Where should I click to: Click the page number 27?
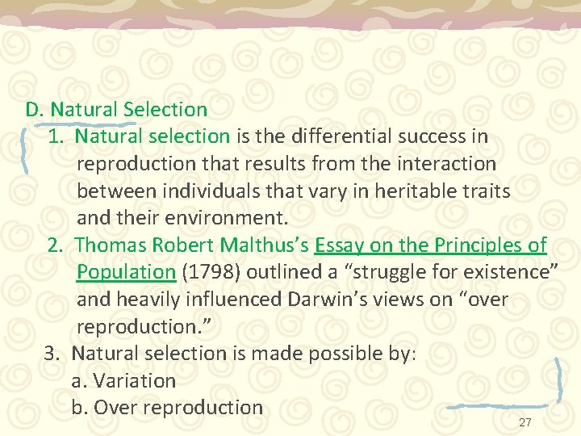525,423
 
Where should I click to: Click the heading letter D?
33,109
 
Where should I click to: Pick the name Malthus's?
266,245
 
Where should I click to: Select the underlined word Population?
126,272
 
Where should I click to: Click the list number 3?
52,353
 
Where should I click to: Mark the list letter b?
78,408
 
